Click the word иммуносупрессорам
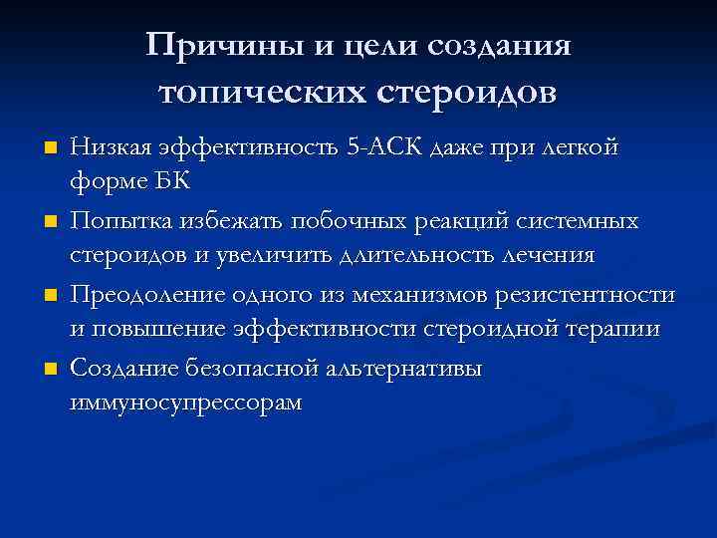pyautogui.click(x=185, y=403)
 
